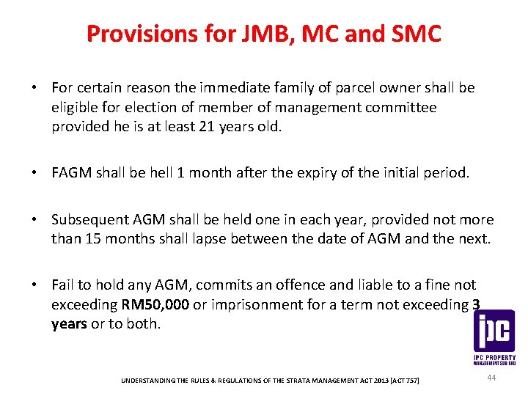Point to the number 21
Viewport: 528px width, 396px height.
209,126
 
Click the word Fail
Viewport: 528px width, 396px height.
64,285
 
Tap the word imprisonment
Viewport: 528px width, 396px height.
286,304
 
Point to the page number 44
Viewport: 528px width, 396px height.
491,377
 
